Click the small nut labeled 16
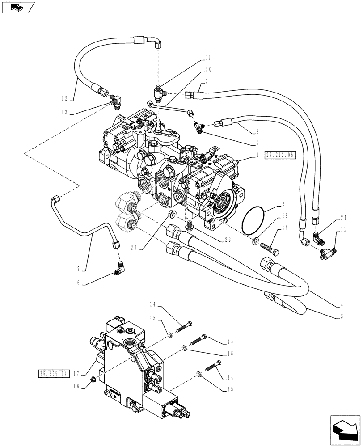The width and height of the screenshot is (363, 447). [92, 380]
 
